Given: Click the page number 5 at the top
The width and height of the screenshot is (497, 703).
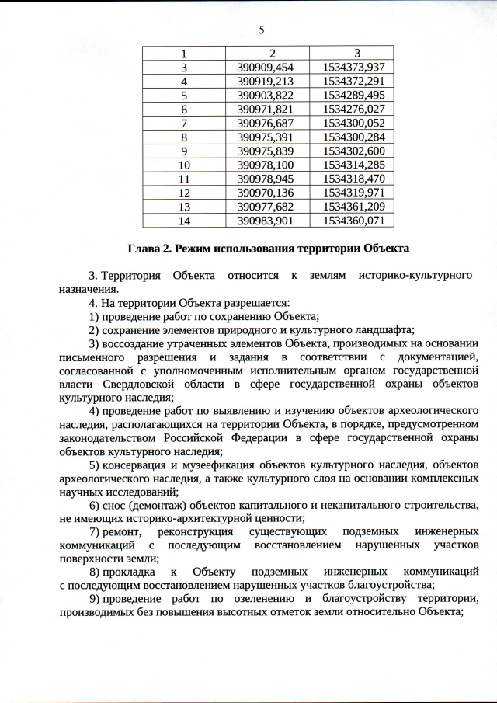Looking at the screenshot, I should coord(262,30).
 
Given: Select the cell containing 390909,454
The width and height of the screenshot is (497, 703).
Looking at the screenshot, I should coord(266,67).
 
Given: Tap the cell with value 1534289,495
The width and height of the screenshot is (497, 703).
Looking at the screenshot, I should coord(353,95).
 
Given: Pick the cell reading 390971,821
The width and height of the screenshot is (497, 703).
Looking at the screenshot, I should coord(266,109).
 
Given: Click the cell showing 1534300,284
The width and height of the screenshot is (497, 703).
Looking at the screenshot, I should coord(353,137).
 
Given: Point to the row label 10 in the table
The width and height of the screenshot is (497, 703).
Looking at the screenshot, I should coord(184,165).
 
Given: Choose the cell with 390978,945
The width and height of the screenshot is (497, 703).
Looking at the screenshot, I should coord(266,179).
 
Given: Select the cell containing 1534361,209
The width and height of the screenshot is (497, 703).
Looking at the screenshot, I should coord(353,207).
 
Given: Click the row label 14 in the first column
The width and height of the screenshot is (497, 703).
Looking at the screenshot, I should coord(184,221).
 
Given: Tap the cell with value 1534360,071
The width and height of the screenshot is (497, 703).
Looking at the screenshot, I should coord(353,221).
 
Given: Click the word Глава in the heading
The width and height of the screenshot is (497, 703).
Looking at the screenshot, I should coord(144,249).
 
